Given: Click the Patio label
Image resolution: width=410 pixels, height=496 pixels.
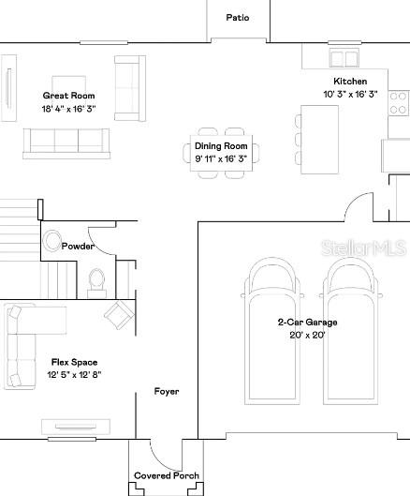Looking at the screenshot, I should pyautogui.click(x=238, y=17).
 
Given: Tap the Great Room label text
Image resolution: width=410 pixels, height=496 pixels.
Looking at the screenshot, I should pyautogui.click(x=69, y=96).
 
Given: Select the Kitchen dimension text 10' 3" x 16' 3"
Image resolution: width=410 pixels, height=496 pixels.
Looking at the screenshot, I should pyautogui.click(x=350, y=95).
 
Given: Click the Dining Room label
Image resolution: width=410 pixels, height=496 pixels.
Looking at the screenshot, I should pyautogui.click(x=221, y=146).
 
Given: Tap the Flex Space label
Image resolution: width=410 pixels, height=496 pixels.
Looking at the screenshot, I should pyautogui.click(x=75, y=362).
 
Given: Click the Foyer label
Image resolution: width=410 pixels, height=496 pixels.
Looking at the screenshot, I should pyautogui.click(x=167, y=391).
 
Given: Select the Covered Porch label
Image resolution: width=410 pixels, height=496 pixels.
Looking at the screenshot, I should pyautogui.click(x=167, y=475).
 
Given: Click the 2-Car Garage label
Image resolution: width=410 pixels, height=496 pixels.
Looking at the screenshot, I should pyautogui.click(x=306, y=323).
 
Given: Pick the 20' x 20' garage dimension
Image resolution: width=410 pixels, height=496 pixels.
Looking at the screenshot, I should pyautogui.click(x=306, y=335).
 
